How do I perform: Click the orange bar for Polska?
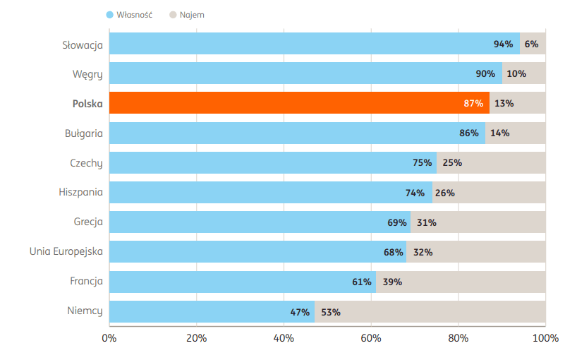300,103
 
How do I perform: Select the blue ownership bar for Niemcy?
212,312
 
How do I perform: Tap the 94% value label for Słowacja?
503,44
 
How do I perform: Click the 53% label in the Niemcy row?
331,312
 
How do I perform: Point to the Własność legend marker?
110,15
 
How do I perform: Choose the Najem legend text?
192,15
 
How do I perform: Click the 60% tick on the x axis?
371,338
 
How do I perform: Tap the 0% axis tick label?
109,338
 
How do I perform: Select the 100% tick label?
545,338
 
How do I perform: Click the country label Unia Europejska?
66,251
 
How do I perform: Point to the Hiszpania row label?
80,192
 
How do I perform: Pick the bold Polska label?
87,104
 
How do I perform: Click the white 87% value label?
473,103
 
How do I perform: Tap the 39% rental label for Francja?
392,282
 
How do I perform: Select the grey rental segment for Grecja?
478,222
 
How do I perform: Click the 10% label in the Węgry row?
516,73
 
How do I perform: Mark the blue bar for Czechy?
273,162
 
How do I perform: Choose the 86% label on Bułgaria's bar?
469,133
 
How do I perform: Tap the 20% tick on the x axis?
196,338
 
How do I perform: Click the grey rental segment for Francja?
461,282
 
